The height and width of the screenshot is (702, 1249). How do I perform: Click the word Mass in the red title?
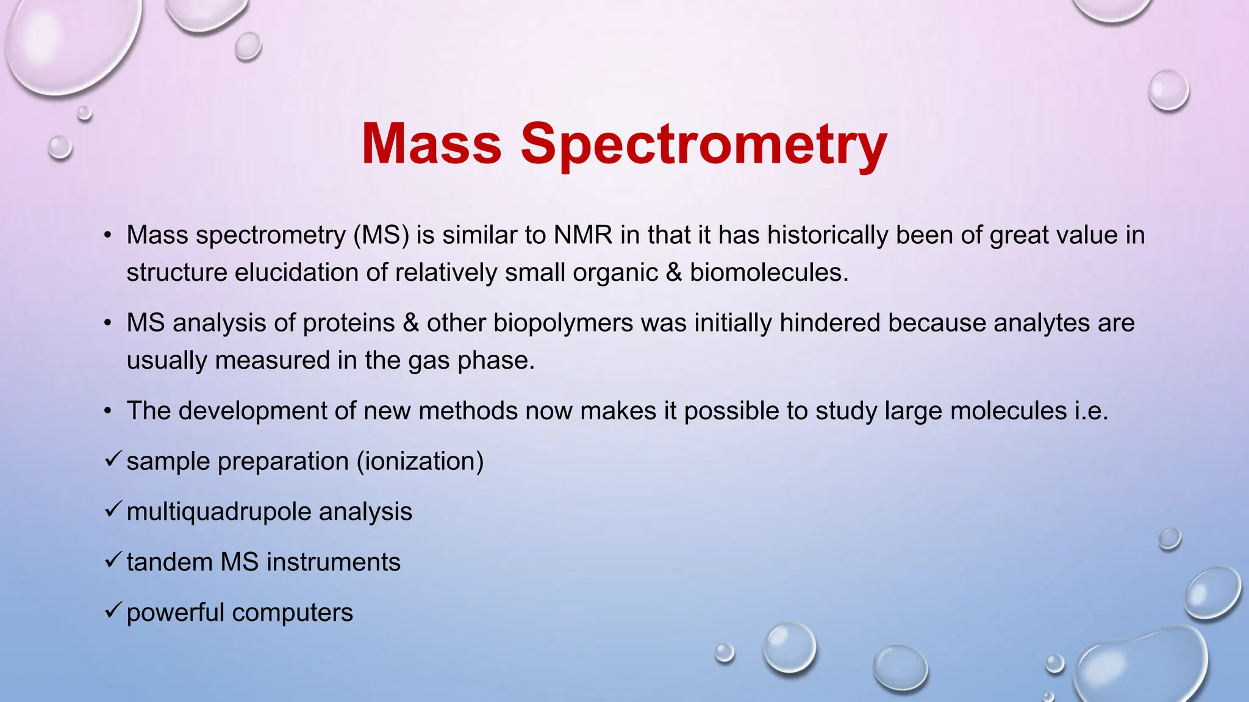point(431,144)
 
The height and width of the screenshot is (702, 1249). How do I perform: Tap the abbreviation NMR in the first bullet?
point(582,235)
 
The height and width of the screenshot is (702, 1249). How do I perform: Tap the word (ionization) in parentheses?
point(420,461)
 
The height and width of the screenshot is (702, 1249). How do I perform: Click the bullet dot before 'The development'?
point(108,412)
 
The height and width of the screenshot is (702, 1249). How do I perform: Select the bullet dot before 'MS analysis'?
point(108,324)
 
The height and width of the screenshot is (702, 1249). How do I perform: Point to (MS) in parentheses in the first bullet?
point(381,235)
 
